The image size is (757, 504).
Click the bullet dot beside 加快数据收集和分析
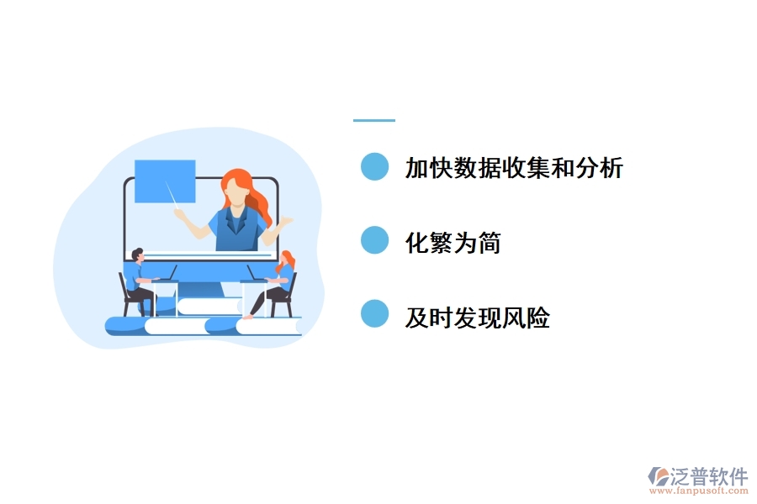click(374, 166)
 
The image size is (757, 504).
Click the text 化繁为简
click(453, 244)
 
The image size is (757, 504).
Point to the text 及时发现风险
click(477, 318)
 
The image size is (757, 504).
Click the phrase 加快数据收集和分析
click(514, 168)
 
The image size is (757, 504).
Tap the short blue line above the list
click(373, 121)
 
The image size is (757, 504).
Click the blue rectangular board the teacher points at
click(164, 181)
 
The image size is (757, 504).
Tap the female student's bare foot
click(248, 316)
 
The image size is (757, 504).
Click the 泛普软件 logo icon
click(658, 477)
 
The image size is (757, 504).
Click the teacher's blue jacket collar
click(237, 214)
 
